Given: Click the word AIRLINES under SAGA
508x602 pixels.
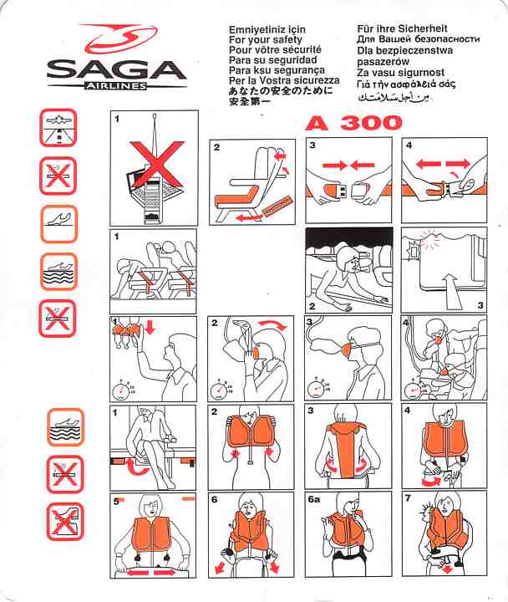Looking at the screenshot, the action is pyautogui.click(x=116, y=86).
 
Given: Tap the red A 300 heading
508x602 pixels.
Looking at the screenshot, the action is pyautogui.click(x=354, y=123).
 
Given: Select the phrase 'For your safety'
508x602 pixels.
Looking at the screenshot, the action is pyautogui.click(x=266, y=39).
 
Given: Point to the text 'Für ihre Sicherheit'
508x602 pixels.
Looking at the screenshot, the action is pyautogui.click(x=403, y=28).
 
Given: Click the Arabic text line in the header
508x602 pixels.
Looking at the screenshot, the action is pyautogui.click(x=393, y=97).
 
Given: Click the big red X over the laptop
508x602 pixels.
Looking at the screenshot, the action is pyautogui.click(x=157, y=163).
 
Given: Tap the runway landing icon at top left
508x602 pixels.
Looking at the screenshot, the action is pyautogui.click(x=58, y=128).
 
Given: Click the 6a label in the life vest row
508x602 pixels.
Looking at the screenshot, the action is pyautogui.click(x=313, y=499).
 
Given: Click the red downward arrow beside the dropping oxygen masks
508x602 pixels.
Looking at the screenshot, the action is pyautogui.click(x=150, y=328).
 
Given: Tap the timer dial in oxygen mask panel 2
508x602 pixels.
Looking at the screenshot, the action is pyautogui.click(x=218, y=390).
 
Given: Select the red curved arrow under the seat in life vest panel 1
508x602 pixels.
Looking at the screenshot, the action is pyautogui.click(x=136, y=467).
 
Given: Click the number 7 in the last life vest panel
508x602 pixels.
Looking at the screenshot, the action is pyautogui.click(x=408, y=498).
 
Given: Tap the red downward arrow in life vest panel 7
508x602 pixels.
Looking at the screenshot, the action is pyautogui.click(x=448, y=569).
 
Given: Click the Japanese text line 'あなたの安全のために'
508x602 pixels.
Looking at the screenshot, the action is pyautogui.click(x=281, y=91).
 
